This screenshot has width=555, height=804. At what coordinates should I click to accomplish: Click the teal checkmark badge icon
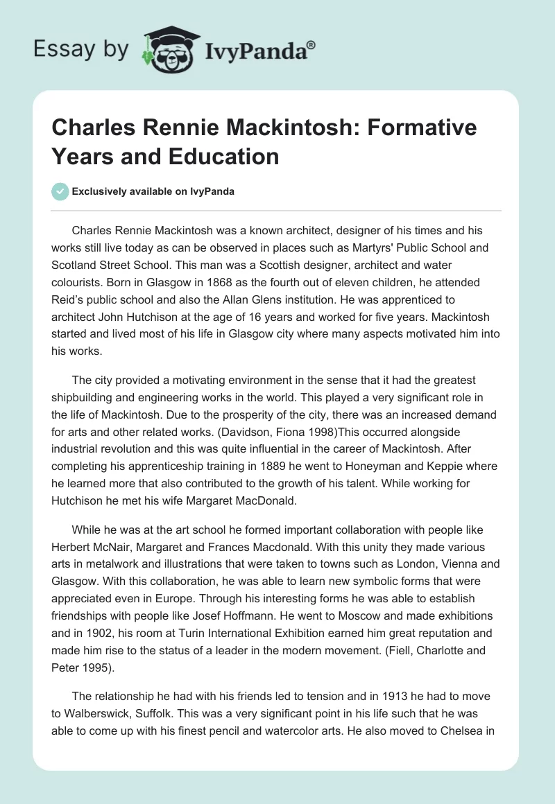pyautogui.click(x=60, y=191)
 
